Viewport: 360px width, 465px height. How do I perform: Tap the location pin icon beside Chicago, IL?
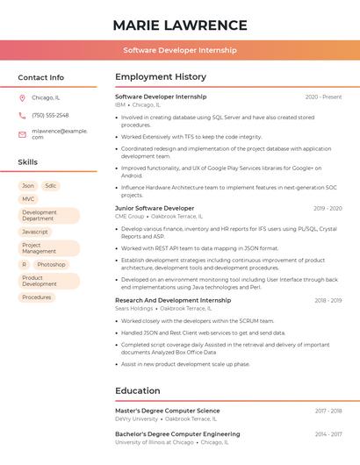[22, 97]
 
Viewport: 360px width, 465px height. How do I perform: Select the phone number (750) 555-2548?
[50, 115]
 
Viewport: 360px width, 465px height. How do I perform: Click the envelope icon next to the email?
[22, 133]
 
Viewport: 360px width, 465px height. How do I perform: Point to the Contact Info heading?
[41, 77]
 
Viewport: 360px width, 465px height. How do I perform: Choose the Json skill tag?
[28, 186]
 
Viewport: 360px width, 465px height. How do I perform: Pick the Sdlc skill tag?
[51, 186]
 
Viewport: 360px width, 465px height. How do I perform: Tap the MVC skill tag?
[28, 199]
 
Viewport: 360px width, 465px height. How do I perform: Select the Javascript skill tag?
[35, 232]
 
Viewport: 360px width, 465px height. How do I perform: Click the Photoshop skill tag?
[51, 264]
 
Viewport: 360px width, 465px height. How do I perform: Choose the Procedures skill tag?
[37, 297]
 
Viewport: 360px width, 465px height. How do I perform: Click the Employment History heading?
[161, 77]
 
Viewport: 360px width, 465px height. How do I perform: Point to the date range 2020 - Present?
[323, 97]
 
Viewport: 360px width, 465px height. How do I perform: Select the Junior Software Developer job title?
[155, 208]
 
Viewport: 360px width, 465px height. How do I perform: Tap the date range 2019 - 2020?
[328, 208]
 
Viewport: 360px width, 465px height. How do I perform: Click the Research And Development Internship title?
[173, 300]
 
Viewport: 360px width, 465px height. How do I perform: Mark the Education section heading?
[138, 390]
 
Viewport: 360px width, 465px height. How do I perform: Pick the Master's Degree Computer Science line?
[168, 411]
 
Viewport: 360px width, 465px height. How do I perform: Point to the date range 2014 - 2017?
[328, 434]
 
